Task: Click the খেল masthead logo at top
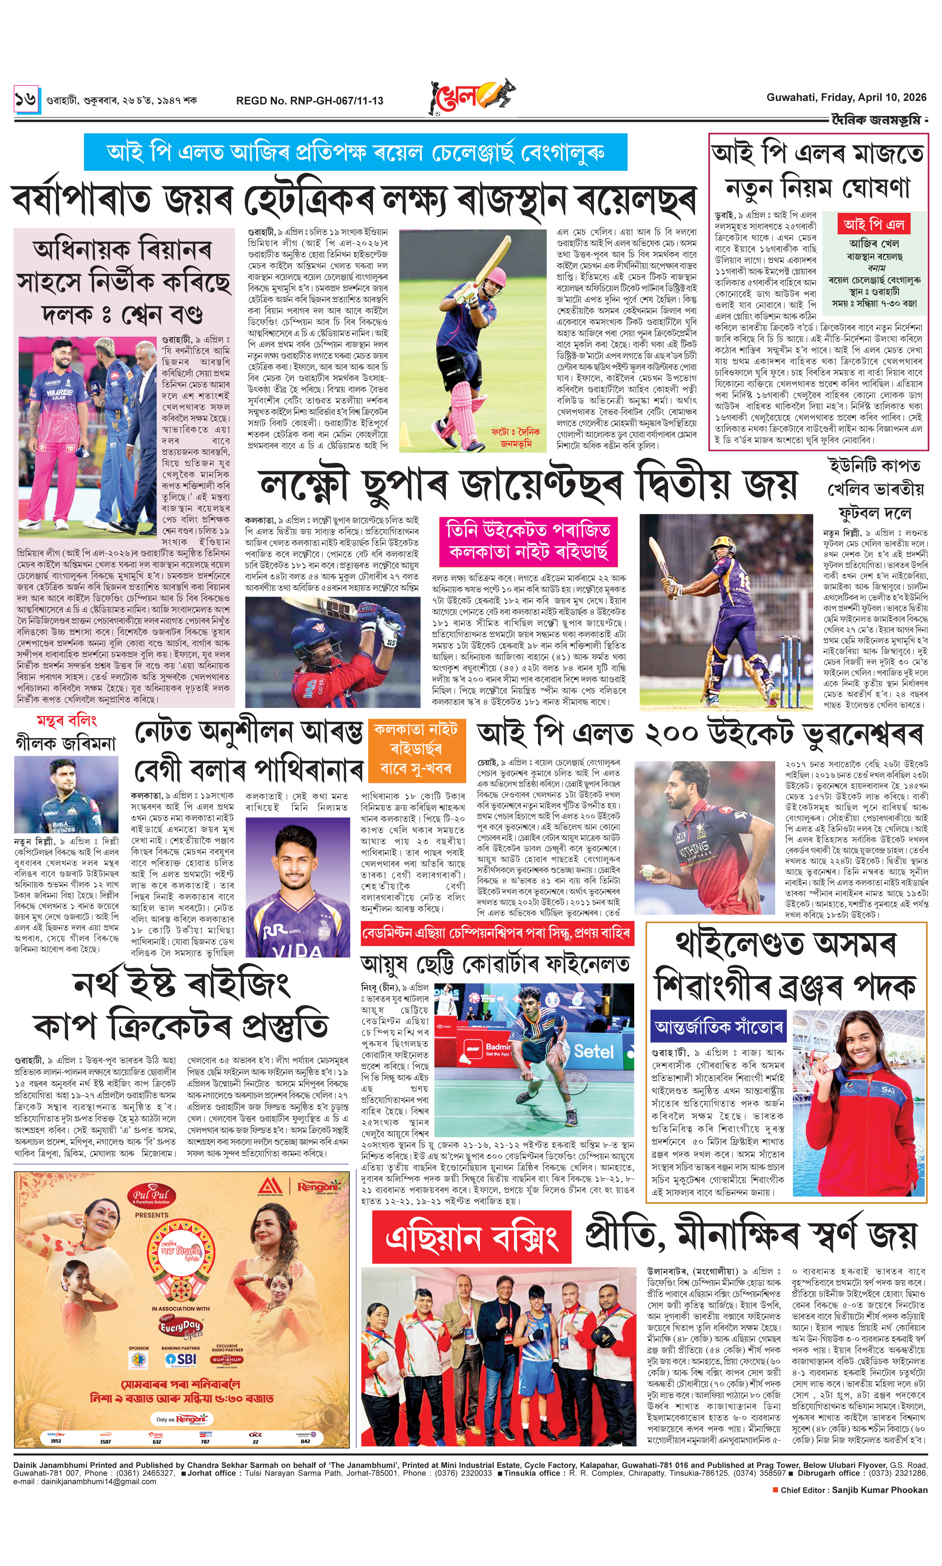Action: pos(470,96)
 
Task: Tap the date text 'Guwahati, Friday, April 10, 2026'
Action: pos(846,97)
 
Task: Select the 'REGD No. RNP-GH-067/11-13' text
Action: pos(310,100)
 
